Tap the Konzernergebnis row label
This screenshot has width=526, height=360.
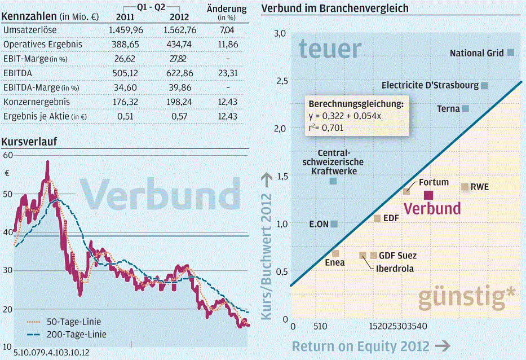(36, 102)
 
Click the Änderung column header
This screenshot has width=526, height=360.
(227, 9)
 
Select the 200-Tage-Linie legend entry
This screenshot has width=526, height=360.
(65, 334)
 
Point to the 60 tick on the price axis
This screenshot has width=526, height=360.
(8, 155)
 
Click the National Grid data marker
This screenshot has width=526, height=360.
(511, 52)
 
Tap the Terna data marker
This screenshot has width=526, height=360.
(466, 108)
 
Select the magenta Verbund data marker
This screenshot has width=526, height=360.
(428, 195)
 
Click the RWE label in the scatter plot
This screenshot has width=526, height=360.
(480, 187)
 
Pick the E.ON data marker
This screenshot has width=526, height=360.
(334, 224)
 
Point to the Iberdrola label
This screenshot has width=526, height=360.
(395, 269)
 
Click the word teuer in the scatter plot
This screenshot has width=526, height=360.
(330, 50)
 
